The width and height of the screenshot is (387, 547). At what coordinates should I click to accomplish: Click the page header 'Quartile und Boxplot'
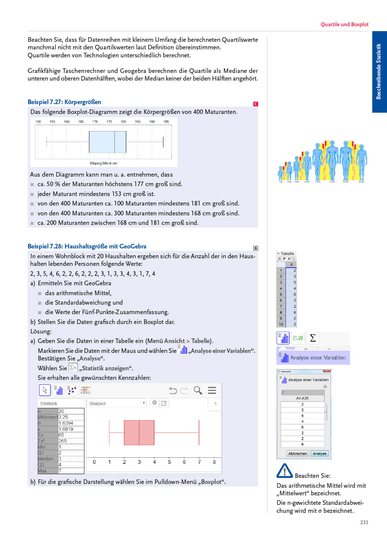click(x=344, y=24)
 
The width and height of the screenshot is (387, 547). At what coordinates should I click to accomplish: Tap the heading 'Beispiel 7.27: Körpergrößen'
click(x=64, y=102)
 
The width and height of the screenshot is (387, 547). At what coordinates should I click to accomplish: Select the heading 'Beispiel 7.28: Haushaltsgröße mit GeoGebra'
click(x=87, y=246)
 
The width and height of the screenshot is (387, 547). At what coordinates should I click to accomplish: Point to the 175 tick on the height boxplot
click(x=109, y=122)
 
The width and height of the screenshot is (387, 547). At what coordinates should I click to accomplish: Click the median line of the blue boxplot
click(x=115, y=142)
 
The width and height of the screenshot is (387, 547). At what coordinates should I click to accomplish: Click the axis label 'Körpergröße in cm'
click(x=103, y=163)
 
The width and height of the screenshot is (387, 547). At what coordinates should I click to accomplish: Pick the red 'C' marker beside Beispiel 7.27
click(x=255, y=104)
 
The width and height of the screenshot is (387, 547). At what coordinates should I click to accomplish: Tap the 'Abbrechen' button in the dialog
click(x=298, y=454)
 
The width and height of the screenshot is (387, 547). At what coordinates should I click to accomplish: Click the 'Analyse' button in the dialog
click(x=319, y=454)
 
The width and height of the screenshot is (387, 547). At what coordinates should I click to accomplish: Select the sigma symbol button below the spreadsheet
click(x=313, y=338)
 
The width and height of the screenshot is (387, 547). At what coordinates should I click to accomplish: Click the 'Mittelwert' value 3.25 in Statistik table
click(x=63, y=417)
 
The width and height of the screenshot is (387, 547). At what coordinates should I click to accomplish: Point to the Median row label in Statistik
click(x=46, y=459)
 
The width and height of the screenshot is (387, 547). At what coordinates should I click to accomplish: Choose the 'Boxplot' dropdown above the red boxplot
click(x=117, y=403)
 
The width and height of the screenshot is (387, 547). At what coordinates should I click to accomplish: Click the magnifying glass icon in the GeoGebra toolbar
click(x=198, y=390)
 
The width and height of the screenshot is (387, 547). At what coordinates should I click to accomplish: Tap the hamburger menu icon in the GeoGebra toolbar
click(x=212, y=390)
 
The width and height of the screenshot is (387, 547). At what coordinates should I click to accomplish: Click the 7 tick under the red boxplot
click(x=199, y=462)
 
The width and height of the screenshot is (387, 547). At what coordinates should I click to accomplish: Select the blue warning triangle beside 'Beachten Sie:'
click(x=284, y=471)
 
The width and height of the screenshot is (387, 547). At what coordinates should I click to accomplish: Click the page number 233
click(x=364, y=522)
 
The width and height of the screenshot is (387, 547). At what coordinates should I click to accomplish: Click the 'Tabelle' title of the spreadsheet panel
click(x=287, y=253)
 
